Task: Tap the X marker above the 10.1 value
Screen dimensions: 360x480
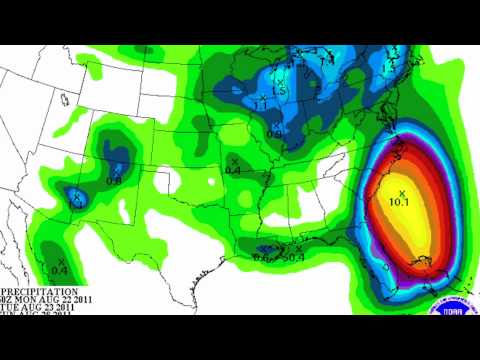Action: point(401,191)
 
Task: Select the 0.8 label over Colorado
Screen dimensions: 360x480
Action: point(114,181)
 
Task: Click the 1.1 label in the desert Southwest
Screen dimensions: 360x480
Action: point(72,204)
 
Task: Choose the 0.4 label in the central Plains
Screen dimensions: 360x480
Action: point(233,171)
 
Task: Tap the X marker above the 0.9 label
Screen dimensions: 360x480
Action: point(277,125)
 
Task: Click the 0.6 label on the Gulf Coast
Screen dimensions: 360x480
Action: point(262,258)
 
